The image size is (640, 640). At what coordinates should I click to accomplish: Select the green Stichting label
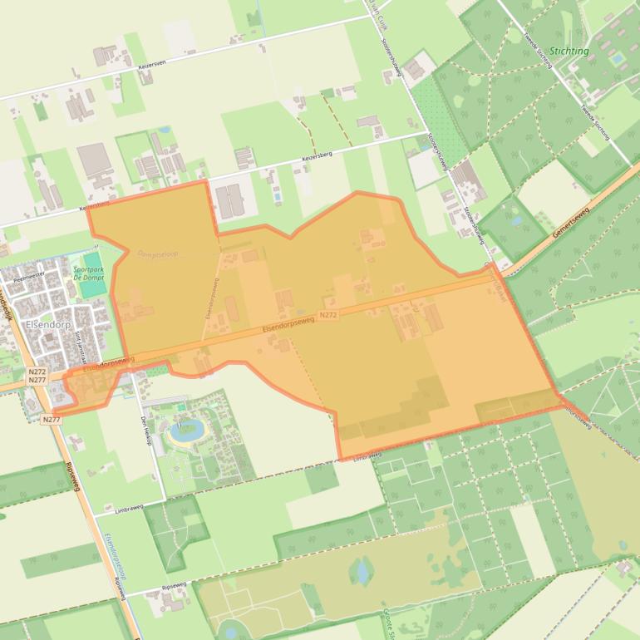[x=569, y=51]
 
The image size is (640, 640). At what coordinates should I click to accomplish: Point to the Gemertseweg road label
[x=574, y=221]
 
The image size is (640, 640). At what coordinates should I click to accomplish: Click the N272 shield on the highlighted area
[x=327, y=315]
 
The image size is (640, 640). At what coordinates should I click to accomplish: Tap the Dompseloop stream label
[x=157, y=254]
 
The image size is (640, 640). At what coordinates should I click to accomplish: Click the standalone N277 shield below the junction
[x=51, y=420]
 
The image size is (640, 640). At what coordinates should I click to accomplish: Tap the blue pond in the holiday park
[x=185, y=431]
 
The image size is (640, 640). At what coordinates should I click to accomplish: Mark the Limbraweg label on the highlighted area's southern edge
[x=366, y=456]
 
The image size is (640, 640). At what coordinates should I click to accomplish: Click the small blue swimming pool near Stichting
[x=617, y=59]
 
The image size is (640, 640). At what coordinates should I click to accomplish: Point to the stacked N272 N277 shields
[x=37, y=376]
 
